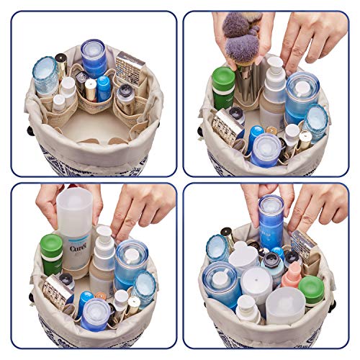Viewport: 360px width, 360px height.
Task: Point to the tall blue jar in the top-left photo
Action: click(94, 58)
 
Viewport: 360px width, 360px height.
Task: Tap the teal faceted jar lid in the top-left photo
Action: click(45, 73)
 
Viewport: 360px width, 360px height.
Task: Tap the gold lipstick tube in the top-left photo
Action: click(91, 90)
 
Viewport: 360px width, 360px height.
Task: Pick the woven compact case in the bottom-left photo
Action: click(58, 292)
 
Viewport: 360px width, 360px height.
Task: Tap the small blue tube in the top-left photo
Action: click(105, 88)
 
